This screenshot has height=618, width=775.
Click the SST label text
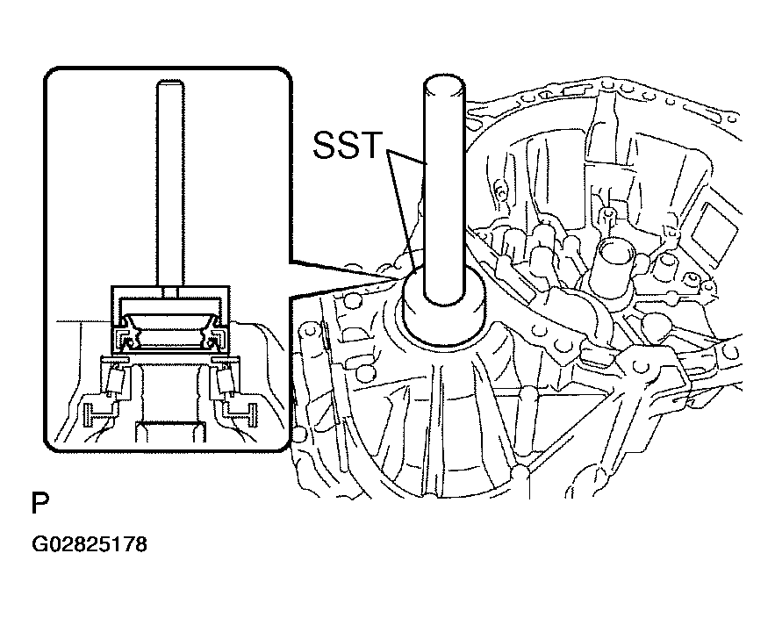[x=348, y=145]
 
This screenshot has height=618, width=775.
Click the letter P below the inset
[x=40, y=503]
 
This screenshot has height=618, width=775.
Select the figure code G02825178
[x=90, y=544]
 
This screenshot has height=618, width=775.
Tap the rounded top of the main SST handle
[x=444, y=85]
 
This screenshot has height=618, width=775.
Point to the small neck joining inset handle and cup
[x=170, y=291]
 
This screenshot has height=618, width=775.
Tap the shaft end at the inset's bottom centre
[x=170, y=431]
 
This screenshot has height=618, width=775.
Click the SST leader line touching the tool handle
[x=406, y=156]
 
